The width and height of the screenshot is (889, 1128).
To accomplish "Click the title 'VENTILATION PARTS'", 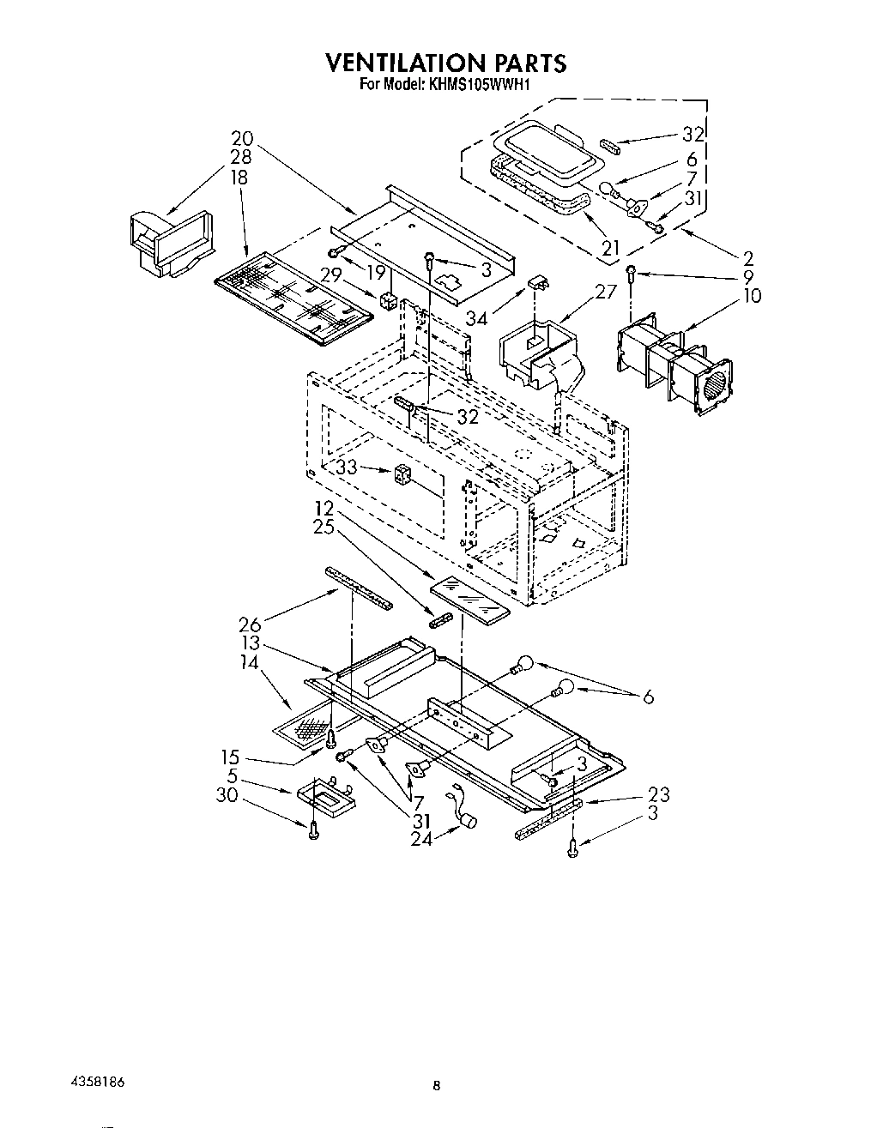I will click(444, 63).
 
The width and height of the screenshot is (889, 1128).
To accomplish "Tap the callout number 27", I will click(606, 291).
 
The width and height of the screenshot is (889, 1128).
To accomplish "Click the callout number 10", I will click(752, 296).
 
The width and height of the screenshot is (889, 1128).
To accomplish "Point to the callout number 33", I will click(347, 467).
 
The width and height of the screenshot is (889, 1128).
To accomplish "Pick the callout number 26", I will click(250, 624).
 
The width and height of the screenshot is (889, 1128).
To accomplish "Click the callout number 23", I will click(659, 794).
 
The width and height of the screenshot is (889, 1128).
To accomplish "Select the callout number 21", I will click(610, 248).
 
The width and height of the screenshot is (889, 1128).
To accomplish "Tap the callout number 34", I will click(477, 319).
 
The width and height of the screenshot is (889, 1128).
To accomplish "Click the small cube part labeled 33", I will click(402, 474).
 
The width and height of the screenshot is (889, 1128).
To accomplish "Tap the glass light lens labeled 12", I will click(469, 597).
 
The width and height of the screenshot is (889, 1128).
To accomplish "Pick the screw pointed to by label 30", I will click(314, 829).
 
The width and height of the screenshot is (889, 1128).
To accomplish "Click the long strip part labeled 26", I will click(359, 588).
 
